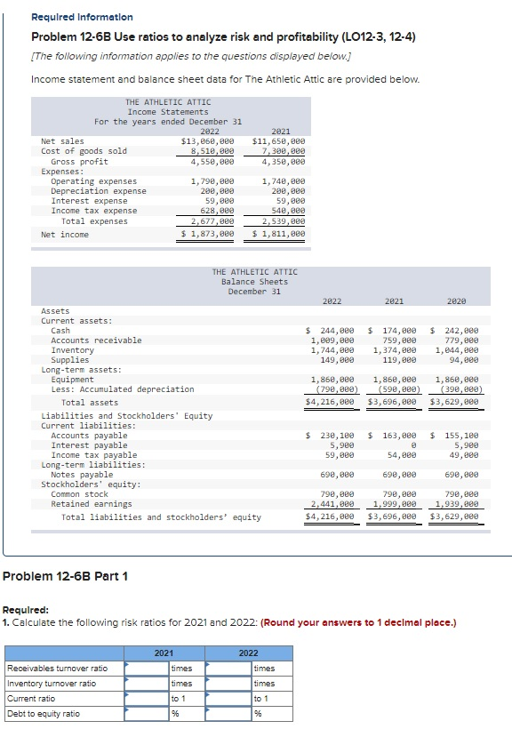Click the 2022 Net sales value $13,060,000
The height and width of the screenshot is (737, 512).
[x=208, y=141]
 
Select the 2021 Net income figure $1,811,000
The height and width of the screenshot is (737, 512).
[x=278, y=234]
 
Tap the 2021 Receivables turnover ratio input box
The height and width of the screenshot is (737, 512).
[x=147, y=669]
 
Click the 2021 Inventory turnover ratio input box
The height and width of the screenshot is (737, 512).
[x=147, y=684]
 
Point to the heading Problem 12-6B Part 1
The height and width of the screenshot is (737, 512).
[x=66, y=576]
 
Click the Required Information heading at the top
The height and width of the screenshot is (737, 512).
[x=82, y=17]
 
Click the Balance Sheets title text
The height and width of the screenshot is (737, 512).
[x=254, y=282]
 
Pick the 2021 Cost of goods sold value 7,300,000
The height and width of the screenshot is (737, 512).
[x=278, y=151]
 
